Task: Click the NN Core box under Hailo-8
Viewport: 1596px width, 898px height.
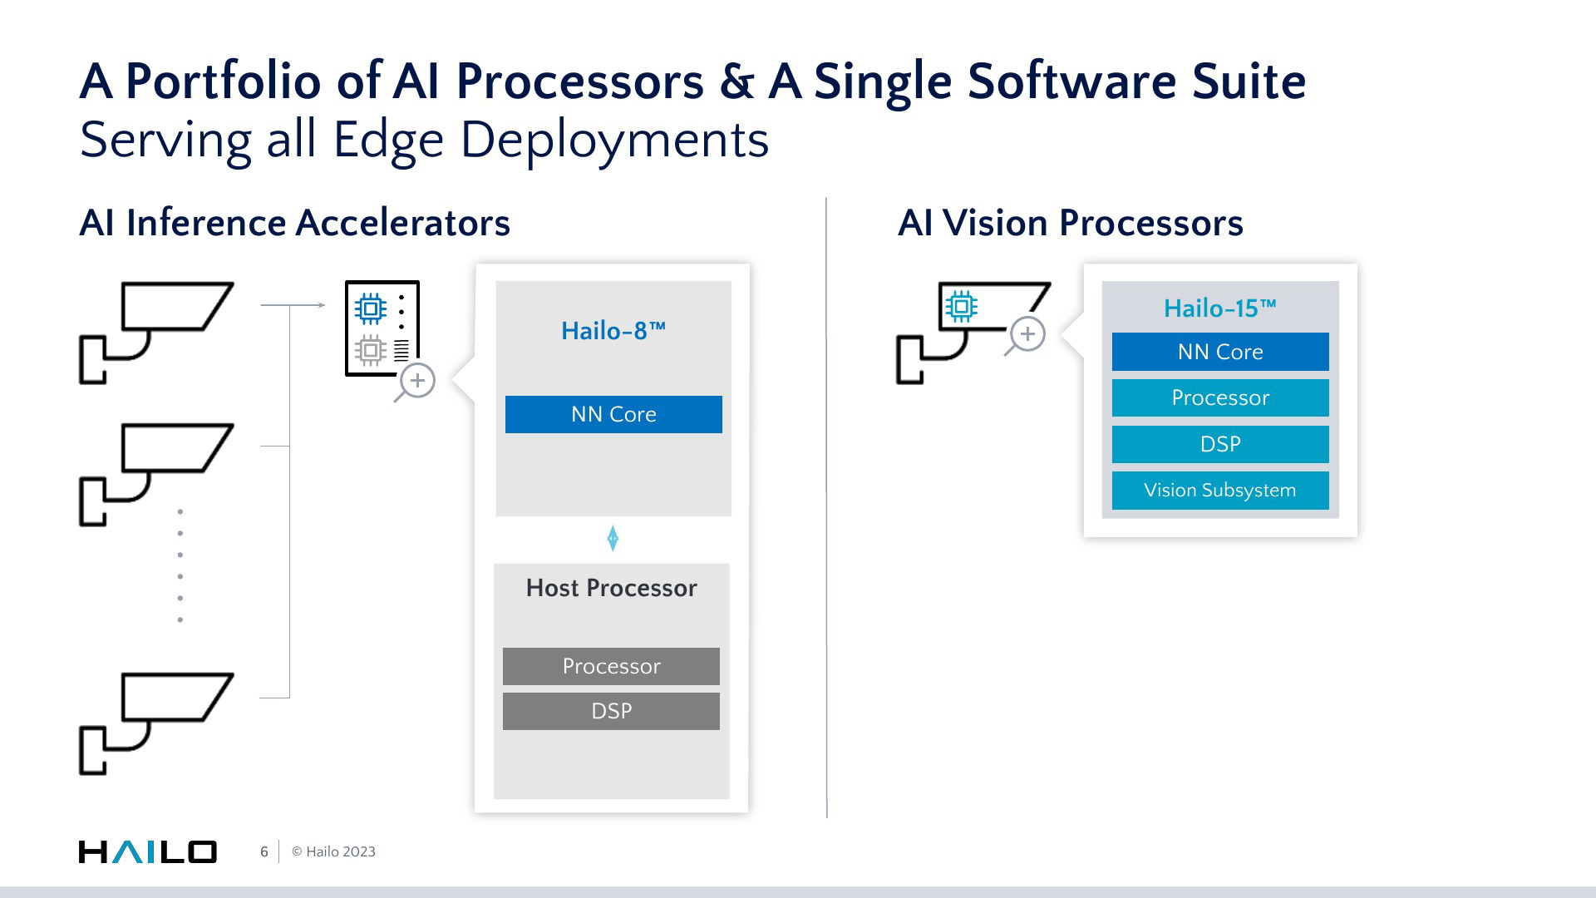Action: tap(613, 414)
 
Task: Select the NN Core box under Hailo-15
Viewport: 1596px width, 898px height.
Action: tap(1220, 352)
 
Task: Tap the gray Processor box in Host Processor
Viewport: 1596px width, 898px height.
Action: tap(611, 666)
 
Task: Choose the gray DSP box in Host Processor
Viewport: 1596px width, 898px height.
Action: tap(611, 711)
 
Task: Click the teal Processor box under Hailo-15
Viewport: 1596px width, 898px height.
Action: tap(1220, 397)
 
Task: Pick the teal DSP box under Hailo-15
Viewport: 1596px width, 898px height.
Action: tap(1220, 444)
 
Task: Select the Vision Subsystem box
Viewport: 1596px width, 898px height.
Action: tap(1220, 491)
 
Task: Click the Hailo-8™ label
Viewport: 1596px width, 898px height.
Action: tap(613, 331)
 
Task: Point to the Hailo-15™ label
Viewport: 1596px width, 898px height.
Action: tap(1220, 308)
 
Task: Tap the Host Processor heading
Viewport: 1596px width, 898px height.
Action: tap(611, 588)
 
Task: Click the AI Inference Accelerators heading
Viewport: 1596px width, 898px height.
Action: tap(294, 223)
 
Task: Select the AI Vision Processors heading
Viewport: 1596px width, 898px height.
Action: tap(1071, 223)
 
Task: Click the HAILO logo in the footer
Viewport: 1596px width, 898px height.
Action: tap(148, 851)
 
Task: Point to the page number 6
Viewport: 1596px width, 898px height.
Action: tap(264, 851)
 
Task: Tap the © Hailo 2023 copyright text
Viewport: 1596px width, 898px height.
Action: tap(333, 851)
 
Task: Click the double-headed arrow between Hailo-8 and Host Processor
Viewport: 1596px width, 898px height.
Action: tap(613, 539)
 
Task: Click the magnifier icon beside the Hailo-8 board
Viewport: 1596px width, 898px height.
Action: tap(416, 382)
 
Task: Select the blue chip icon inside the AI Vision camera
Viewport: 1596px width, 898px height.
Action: tap(961, 307)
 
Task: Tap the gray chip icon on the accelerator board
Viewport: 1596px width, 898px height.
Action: tap(370, 351)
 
